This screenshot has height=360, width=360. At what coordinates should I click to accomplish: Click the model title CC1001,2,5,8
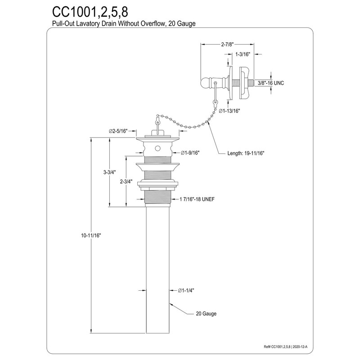(x=90, y=12)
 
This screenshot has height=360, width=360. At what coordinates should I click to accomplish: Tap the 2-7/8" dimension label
(x=227, y=45)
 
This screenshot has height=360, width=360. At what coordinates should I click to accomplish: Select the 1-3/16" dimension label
(x=243, y=54)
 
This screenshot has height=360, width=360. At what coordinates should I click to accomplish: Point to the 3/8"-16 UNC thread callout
(x=271, y=83)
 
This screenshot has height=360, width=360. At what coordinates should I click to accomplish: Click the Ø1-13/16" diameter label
(x=229, y=111)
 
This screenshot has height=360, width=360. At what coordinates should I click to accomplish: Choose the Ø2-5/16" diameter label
(x=118, y=131)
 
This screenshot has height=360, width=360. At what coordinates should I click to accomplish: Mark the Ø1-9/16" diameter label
(x=189, y=153)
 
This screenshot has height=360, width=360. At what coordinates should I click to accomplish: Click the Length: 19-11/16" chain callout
(x=246, y=153)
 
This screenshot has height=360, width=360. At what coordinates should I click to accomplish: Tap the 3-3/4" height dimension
(x=109, y=172)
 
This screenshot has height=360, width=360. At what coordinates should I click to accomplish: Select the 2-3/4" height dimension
(x=126, y=182)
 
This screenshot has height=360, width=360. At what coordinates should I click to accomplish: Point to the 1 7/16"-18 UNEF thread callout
(x=197, y=199)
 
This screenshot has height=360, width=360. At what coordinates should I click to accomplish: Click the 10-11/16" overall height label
(x=91, y=235)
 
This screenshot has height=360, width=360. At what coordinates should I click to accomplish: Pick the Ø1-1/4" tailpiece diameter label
(x=186, y=291)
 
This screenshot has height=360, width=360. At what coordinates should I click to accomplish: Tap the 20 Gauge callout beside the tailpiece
(x=206, y=314)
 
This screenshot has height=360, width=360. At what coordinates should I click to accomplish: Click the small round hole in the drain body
(x=157, y=148)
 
